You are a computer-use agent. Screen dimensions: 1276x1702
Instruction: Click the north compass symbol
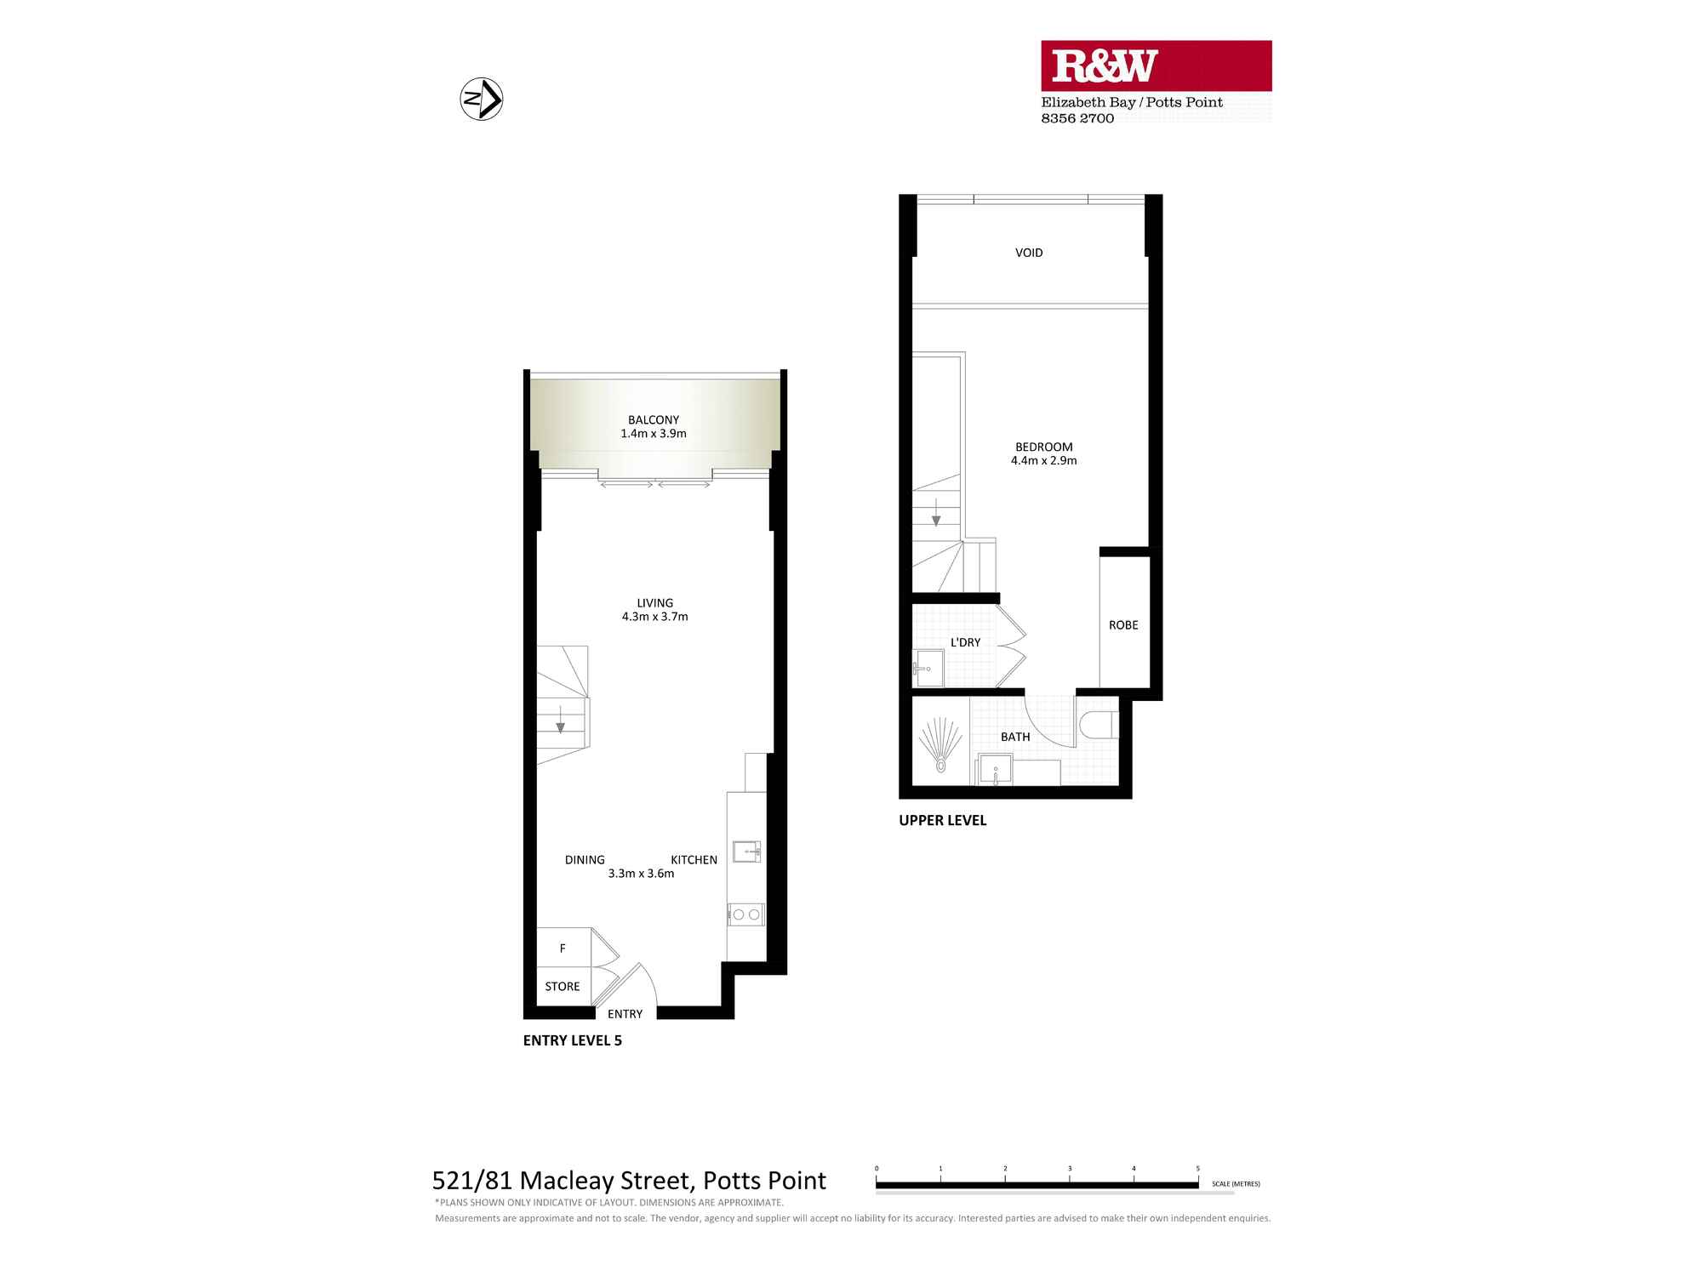click(482, 100)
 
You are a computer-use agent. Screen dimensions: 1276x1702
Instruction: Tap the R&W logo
click(1105, 66)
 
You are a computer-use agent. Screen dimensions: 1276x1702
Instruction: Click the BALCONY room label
click(654, 420)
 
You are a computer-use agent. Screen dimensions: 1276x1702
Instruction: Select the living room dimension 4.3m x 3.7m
click(654, 617)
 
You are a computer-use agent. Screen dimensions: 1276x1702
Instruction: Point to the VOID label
click(1029, 253)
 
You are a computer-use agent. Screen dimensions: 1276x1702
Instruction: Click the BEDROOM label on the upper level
click(1043, 447)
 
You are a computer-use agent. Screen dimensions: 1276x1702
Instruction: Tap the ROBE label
click(1123, 625)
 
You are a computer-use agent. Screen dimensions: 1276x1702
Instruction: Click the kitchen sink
click(746, 851)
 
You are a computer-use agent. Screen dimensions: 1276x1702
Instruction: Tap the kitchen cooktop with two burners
click(746, 914)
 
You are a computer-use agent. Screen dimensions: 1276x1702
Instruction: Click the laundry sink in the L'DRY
click(928, 669)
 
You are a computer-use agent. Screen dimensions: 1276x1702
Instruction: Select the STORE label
click(563, 987)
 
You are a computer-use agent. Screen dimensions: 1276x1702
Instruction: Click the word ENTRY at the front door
click(625, 1014)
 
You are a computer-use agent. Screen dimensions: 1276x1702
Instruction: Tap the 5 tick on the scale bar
click(1197, 1170)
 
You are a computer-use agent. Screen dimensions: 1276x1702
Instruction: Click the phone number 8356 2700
click(1077, 119)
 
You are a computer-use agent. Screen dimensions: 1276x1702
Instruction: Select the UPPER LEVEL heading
click(942, 821)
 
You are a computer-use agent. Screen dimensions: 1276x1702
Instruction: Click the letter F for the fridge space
click(563, 948)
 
